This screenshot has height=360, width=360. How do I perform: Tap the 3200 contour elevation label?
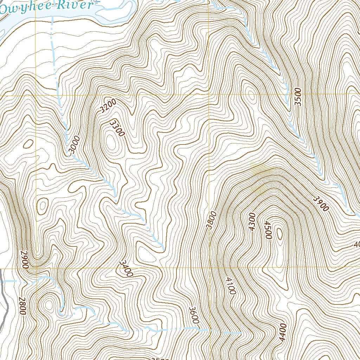coord(107,106)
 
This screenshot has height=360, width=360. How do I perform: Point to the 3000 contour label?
coord(73,145)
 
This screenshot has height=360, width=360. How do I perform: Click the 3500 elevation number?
coord(298,97)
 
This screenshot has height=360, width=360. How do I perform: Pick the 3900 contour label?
coord(321,204)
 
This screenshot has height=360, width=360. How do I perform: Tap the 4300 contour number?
coord(251,222)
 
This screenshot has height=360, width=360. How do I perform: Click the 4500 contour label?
coord(268,230)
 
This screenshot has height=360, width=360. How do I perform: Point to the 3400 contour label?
coord(126,268)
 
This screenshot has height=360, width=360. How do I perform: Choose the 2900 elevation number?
coord(24,259)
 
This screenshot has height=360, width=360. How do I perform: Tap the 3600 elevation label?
coord(194,315)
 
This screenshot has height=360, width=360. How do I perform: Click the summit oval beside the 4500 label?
coord(280,233)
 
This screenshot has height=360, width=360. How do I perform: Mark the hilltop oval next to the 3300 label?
coord(112,143)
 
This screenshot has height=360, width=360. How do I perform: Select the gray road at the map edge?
coord(4,302)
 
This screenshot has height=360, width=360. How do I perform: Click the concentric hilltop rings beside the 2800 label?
coord(47,303)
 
